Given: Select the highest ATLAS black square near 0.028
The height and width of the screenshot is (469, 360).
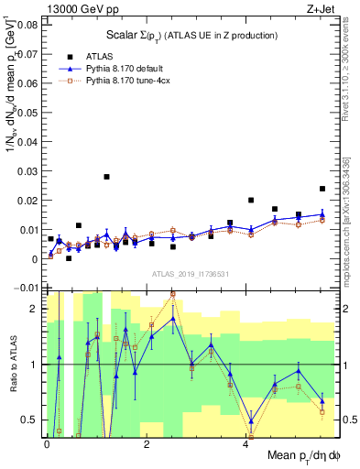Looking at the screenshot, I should pos(107,177).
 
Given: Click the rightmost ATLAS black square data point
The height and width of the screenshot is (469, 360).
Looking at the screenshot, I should pos(322,189).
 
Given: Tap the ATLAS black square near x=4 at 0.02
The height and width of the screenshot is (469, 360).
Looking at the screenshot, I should pos(251,200).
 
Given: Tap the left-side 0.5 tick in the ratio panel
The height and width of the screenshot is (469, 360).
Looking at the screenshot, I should pos(33,420).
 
